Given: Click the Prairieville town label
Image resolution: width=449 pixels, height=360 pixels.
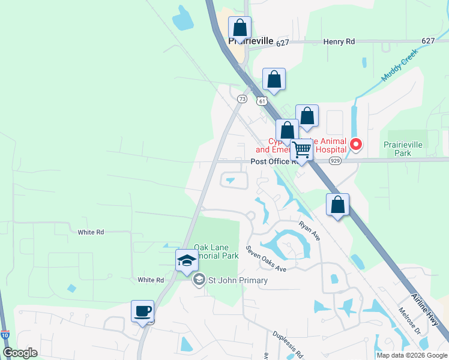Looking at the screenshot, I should [251, 41].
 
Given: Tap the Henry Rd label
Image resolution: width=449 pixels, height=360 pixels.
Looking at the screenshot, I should [339, 41].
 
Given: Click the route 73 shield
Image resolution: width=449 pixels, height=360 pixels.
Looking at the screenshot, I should [242, 99].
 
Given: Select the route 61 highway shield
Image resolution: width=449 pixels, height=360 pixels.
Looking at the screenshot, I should [262, 100].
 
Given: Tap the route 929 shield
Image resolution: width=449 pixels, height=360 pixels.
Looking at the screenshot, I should [336, 161].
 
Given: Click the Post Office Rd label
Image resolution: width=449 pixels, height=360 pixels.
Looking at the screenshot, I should [274, 161].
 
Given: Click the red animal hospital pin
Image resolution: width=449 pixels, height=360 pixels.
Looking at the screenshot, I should [356, 144].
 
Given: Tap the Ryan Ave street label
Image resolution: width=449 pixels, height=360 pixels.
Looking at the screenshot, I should [310, 230].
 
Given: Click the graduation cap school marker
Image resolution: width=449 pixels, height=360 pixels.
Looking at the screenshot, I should [187, 260].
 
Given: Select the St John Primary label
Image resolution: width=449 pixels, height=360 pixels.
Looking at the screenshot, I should [237, 280].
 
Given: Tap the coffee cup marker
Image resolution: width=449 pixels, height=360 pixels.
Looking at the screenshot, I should [143, 311].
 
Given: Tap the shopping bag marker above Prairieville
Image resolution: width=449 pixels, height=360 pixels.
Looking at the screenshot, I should [240, 28].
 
